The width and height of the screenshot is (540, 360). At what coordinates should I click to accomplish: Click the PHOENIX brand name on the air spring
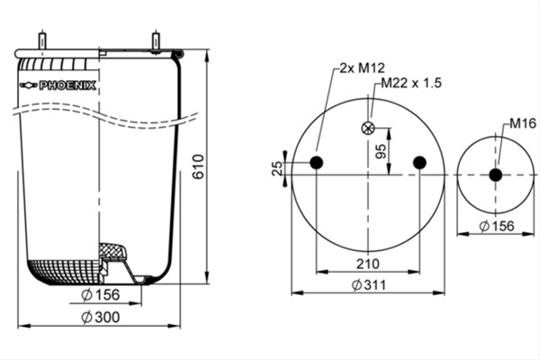(67, 85)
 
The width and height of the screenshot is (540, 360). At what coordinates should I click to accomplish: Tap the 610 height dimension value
(198, 167)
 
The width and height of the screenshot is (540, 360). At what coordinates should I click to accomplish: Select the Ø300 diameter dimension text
(101, 318)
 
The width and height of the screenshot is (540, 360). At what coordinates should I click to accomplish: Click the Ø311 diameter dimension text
(369, 285)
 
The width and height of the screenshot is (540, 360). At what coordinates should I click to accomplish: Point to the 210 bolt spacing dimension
(368, 265)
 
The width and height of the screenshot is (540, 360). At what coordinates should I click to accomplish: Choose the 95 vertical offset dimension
(381, 151)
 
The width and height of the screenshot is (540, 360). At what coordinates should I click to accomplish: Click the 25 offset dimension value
(277, 168)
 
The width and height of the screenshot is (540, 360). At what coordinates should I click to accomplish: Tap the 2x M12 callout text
(362, 67)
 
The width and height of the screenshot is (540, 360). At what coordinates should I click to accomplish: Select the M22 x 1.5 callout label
(411, 83)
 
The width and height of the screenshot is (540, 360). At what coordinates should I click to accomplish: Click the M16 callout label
(523, 123)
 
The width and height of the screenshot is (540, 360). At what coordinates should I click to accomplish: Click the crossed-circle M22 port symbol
(368, 129)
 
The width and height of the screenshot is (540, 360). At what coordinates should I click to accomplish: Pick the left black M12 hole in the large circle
(316, 162)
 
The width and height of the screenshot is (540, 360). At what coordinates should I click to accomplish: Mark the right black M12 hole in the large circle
(419, 162)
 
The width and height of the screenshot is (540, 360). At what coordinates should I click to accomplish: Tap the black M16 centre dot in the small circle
(496, 175)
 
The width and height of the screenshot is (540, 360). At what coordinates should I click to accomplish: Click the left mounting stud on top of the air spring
(42, 40)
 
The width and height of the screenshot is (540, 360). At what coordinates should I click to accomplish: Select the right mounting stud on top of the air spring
(156, 40)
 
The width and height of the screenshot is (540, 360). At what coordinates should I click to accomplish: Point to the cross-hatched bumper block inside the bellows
(112, 251)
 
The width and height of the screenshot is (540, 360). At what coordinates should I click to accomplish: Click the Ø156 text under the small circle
(497, 226)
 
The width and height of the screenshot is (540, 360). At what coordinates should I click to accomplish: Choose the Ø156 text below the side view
(101, 295)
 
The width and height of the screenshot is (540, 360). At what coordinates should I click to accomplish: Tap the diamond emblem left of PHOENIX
(29, 85)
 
